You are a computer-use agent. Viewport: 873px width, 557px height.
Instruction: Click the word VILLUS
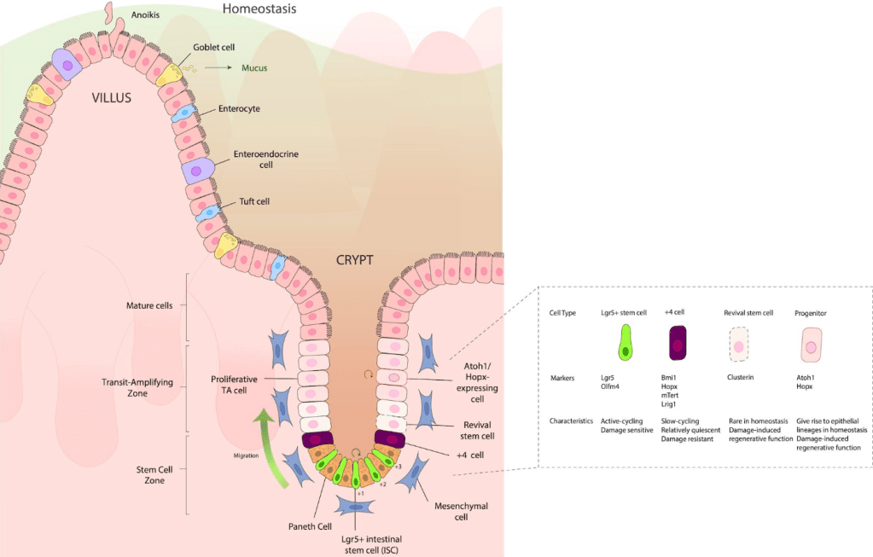point(111,98)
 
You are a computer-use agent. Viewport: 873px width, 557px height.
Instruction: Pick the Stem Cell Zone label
point(149,474)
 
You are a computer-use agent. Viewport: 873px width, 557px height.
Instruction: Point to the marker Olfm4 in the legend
point(612,386)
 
